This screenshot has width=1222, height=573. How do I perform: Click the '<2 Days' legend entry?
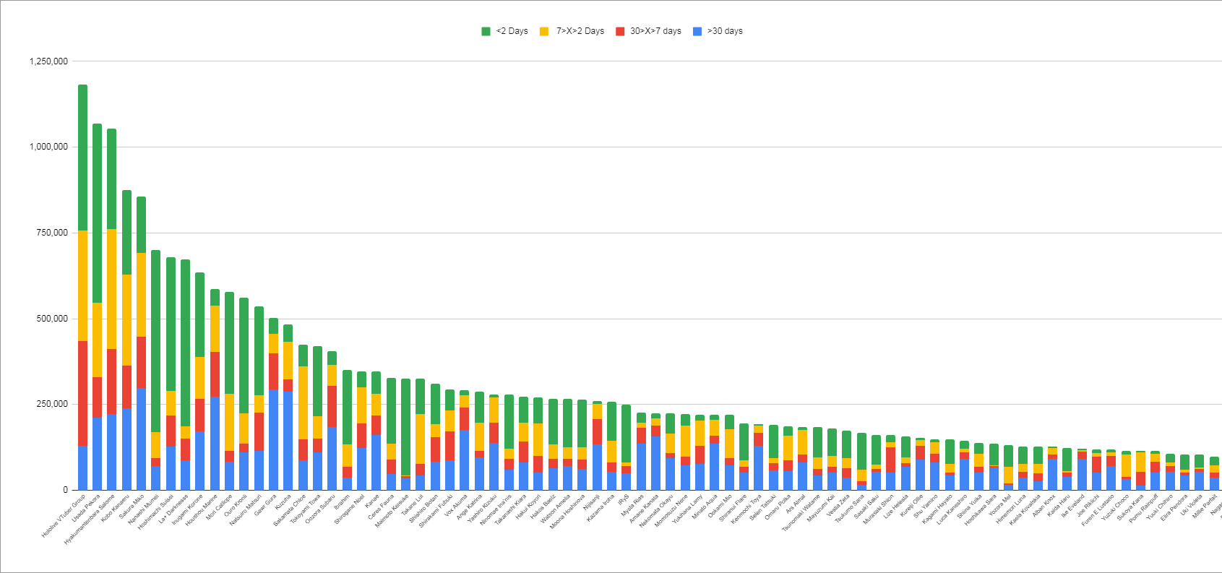click(505, 31)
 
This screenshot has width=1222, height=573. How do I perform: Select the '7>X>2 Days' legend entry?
click(572, 31)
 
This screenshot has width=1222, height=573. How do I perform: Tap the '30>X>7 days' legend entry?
click(648, 31)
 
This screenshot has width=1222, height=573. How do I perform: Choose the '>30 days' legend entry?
click(718, 31)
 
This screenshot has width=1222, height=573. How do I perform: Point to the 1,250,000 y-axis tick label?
click(48, 61)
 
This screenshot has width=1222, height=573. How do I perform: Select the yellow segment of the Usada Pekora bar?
click(97, 340)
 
